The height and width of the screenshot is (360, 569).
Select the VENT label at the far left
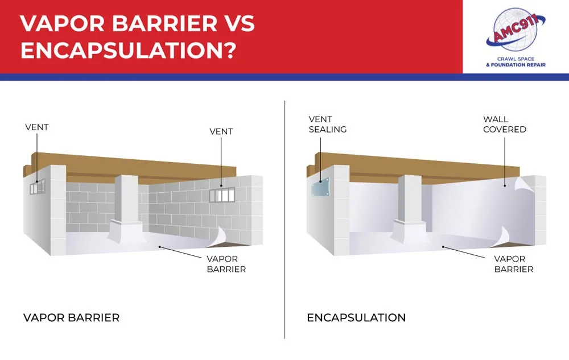pyautogui.click(x=36, y=127)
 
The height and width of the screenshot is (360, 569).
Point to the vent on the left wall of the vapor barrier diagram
pyautogui.click(x=37, y=187)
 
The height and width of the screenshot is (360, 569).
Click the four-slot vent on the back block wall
pyautogui.click(x=222, y=195)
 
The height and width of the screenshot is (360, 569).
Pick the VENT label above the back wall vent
pyautogui.click(x=221, y=131)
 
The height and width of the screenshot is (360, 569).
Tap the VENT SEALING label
pyautogui.click(x=328, y=125)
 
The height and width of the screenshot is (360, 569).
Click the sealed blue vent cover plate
pyautogui.click(x=320, y=188)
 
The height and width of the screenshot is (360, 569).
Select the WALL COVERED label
pyautogui.click(x=504, y=125)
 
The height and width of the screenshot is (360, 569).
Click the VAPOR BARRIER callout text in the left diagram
pyautogui.click(x=226, y=264)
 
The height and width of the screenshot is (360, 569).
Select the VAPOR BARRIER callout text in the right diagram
pyautogui.click(x=513, y=264)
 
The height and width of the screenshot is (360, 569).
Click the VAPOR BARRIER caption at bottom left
pyautogui.click(x=72, y=317)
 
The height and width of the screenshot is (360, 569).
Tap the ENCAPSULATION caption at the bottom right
pyautogui.click(x=356, y=317)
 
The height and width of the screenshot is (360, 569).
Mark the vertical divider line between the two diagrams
pyautogui.click(x=285, y=220)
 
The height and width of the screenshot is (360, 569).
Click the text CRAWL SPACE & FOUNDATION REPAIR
pyautogui.click(x=516, y=61)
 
